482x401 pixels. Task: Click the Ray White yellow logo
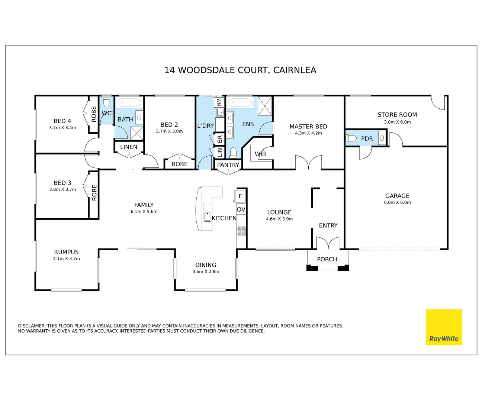point(444,327)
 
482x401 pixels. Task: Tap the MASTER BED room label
point(308,127)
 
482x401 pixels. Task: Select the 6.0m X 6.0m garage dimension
point(397,202)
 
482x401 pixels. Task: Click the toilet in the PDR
point(351,138)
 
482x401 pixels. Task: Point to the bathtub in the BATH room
point(129,103)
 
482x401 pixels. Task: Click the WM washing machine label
point(219,102)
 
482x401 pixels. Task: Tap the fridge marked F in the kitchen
point(240,196)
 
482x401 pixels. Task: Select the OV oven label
point(241,209)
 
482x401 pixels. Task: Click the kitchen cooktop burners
point(241,231)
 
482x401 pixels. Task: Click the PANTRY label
point(228,165)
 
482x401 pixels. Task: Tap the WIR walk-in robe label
point(260,154)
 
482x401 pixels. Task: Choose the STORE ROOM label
point(397,115)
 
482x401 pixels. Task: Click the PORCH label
point(327,259)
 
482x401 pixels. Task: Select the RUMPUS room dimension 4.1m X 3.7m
point(67,258)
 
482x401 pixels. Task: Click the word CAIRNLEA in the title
point(295,70)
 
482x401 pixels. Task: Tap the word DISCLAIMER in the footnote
point(32,326)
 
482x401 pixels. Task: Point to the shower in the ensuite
point(265,106)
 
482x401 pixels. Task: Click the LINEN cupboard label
point(129,147)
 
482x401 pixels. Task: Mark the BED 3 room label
point(62,183)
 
